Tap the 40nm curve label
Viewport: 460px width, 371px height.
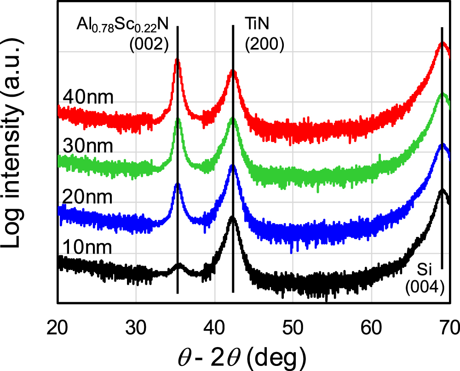click(88, 98)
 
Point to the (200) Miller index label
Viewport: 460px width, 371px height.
click(264, 45)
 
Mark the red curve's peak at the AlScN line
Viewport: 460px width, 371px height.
click(177, 61)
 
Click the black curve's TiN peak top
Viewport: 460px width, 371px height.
click(233, 218)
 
